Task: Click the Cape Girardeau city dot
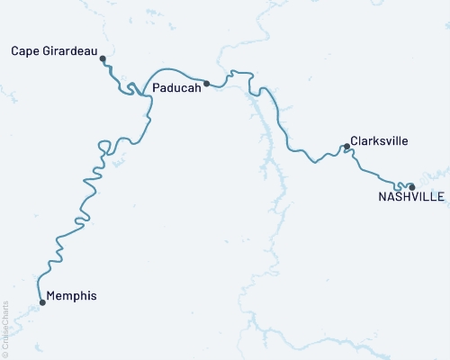tap(103, 58)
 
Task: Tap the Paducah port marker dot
tap(207, 84)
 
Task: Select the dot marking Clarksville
tap(346, 146)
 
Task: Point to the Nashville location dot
tap(412, 187)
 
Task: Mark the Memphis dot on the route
tap(42, 302)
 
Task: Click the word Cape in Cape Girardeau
tap(24, 50)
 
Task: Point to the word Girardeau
tap(70, 50)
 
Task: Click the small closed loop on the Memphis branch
tap(103, 145)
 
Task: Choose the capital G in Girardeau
tap(46, 50)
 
